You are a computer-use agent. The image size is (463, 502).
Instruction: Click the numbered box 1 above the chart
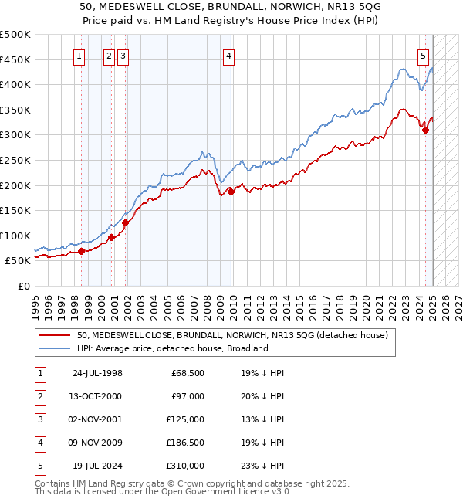(80, 56)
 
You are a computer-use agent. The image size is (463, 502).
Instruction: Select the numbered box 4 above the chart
(230, 56)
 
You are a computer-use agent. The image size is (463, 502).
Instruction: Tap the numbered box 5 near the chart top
(424, 56)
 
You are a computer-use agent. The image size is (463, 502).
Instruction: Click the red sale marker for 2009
(231, 192)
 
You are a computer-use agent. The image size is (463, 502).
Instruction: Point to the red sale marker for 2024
(425, 130)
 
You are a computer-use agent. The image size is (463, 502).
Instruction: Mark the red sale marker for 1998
(82, 251)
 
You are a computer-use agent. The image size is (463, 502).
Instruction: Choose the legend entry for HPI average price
(172, 348)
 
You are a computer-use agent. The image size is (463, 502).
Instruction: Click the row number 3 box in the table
(39, 419)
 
